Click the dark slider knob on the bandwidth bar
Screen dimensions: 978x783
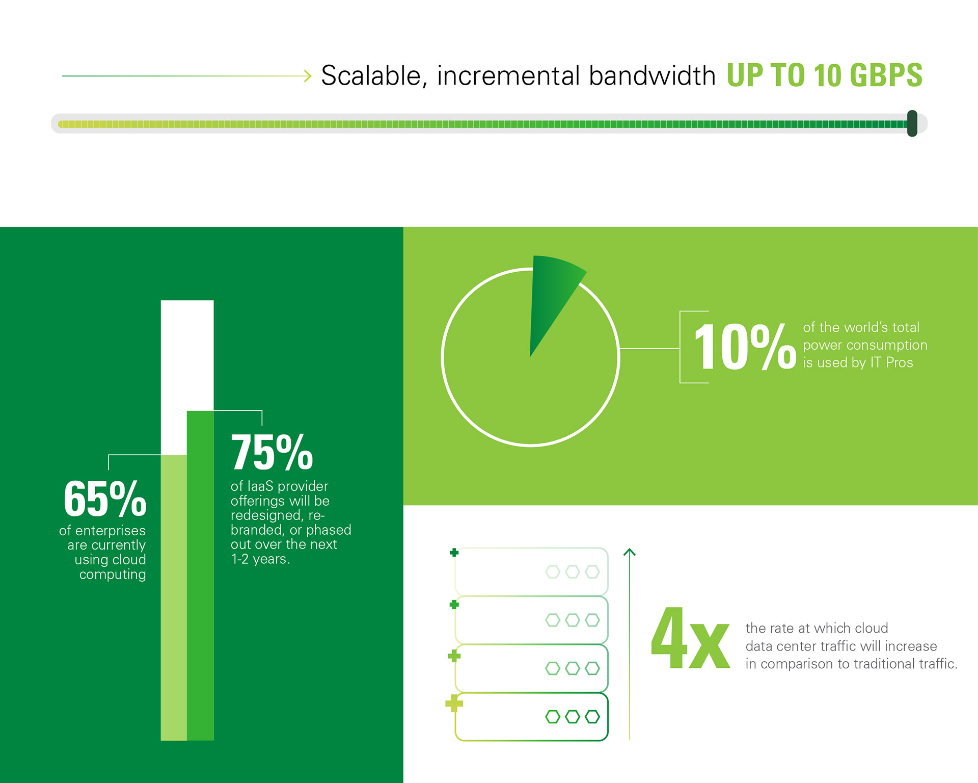point(912,123)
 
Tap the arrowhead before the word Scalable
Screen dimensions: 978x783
point(308,76)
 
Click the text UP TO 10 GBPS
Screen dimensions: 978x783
point(824,75)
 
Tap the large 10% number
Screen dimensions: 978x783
point(745,347)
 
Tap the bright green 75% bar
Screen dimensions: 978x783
point(200,576)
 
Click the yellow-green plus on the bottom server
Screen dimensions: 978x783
point(454,704)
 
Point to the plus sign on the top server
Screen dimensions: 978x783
point(454,553)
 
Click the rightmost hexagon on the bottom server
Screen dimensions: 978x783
point(592,717)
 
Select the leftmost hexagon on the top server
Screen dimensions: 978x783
point(553,572)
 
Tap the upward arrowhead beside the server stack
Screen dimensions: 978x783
point(630,552)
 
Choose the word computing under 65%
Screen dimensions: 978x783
point(113,575)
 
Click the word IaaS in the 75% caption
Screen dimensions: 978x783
point(260,486)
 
